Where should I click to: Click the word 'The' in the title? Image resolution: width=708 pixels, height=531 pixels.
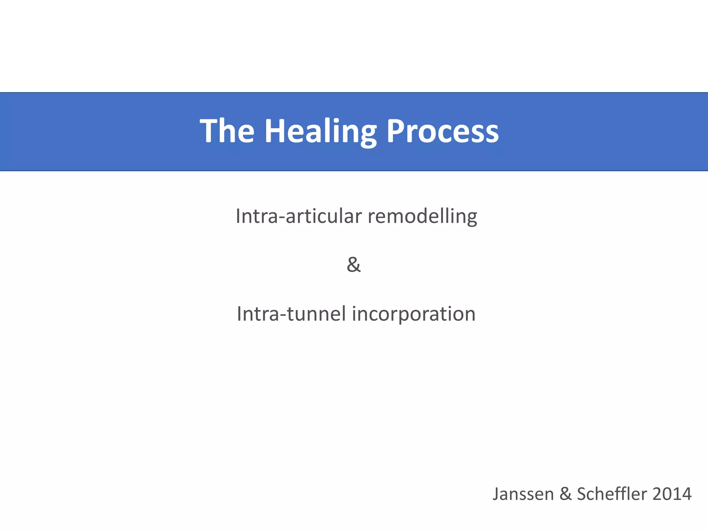pos(227,131)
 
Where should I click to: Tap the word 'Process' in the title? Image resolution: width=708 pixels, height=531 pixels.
pos(442,131)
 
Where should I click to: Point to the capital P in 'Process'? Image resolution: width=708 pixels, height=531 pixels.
pos(395,131)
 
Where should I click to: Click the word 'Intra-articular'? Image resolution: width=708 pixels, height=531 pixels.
pos(298,216)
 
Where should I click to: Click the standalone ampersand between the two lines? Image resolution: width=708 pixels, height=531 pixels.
pos(354,265)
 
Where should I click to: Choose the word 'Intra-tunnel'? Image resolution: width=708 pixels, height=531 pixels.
pos(291,314)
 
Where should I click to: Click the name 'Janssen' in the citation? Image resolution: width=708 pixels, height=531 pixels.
pos(523,494)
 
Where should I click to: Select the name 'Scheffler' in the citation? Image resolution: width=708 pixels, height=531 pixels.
pos(611,493)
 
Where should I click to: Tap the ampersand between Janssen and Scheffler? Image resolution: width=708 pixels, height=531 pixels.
pos(565,494)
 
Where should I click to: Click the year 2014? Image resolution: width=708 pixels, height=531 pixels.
pos(672,494)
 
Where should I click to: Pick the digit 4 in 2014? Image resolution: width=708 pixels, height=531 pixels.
pos(686,494)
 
